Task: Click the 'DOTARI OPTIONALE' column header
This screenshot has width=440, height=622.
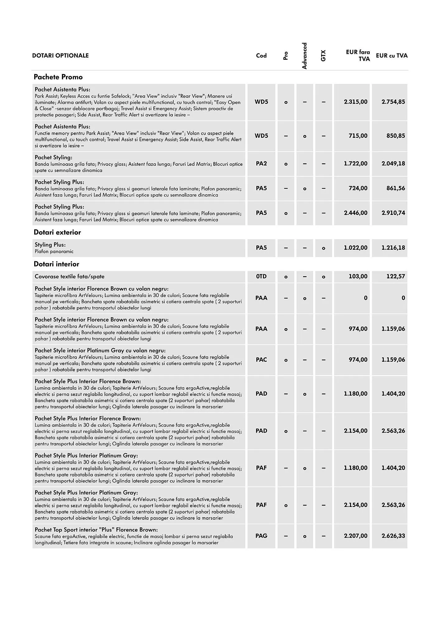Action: pos(60,56)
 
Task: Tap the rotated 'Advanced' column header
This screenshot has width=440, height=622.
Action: pos(304,56)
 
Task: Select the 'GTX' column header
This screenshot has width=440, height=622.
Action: pos(323,56)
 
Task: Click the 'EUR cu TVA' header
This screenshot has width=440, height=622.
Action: pos(391,56)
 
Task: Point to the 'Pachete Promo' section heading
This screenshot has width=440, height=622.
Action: pos(58,77)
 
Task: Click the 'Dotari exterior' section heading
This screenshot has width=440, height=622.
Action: pos(57,232)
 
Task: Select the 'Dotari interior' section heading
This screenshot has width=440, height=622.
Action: pos(56,264)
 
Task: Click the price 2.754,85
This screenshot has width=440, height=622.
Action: pos(393,102)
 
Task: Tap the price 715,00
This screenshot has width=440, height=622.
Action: pos(358,136)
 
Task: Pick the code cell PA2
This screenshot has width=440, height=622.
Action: pos(261,164)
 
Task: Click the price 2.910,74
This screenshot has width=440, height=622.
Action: pos(393,213)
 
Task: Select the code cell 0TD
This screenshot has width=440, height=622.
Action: pos(261,276)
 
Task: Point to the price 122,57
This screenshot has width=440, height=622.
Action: pos(396,276)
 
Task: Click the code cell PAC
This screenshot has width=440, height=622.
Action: pos(261,360)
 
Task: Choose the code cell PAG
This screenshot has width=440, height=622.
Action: pos(261,536)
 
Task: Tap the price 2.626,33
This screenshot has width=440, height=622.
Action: pos(393,536)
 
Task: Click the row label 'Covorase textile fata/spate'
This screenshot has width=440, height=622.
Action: pos(69,276)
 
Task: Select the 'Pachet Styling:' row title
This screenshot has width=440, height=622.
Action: pos(54,157)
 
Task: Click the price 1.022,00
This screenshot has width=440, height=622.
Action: pos(355,248)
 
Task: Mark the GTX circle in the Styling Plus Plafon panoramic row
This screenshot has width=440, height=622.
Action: pos(324,248)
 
